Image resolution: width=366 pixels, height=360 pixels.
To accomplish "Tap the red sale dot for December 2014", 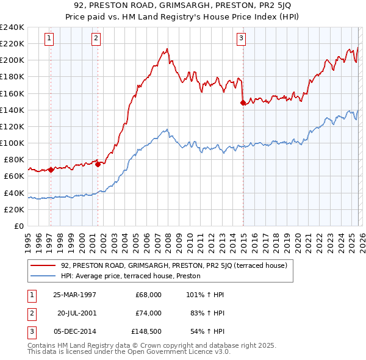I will [243, 103].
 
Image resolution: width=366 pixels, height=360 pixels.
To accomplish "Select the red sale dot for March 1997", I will [51, 170].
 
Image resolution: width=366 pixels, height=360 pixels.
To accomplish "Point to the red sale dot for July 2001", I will [98, 164].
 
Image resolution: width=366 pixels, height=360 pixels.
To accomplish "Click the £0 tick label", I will [18, 226].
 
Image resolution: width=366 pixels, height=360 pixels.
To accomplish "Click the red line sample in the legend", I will [43, 265].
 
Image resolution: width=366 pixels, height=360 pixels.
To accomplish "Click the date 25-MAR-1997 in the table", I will [74, 295].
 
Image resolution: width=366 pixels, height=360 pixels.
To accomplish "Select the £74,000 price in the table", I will [148, 313].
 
